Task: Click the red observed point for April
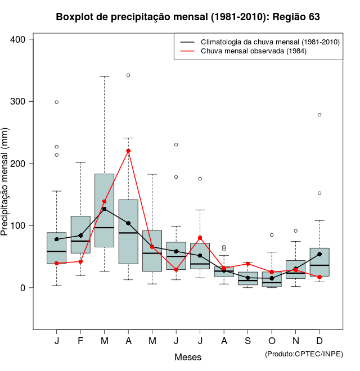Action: point(128,151)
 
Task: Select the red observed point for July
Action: point(200,238)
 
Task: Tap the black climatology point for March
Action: point(104,209)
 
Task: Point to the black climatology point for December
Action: point(319,254)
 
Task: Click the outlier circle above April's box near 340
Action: point(128,75)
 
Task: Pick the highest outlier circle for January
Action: point(57,102)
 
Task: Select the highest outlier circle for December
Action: point(319,115)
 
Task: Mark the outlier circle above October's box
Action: point(272,235)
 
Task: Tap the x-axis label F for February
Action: point(80,341)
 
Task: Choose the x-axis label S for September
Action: point(247,341)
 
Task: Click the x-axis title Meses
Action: point(188,357)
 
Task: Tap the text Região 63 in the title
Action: point(296,17)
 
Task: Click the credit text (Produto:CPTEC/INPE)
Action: point(304,354)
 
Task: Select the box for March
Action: point(104,210)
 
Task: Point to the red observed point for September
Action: point(247,264)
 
